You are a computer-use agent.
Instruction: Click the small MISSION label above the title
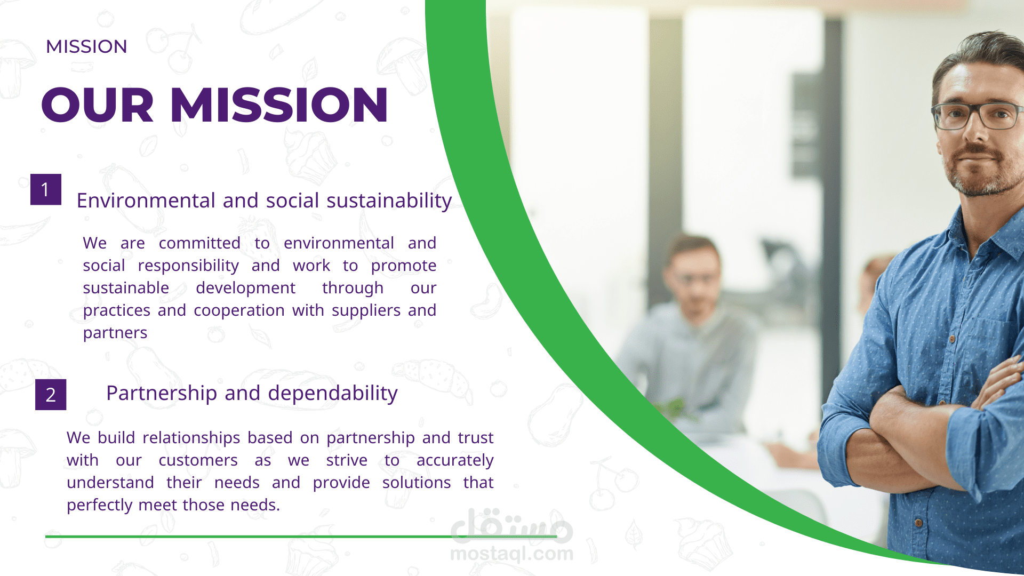[86, 46]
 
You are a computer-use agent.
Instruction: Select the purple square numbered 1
[46, 189]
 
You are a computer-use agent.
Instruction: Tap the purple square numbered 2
[51, 395]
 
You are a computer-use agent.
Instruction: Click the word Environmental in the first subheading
[146, 201]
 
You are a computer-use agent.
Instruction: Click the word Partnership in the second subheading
[162, 394]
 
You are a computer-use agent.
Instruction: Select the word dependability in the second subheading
[333, 394]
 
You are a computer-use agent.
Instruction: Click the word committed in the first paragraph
[199, 243]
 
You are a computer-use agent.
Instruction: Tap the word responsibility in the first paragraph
[188, 266]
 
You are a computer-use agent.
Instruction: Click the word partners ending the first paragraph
[115, 333]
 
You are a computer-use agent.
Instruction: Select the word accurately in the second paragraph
[455, 460]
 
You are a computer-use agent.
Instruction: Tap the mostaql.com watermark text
[512, 554]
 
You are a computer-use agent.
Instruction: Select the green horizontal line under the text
[301, 537]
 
